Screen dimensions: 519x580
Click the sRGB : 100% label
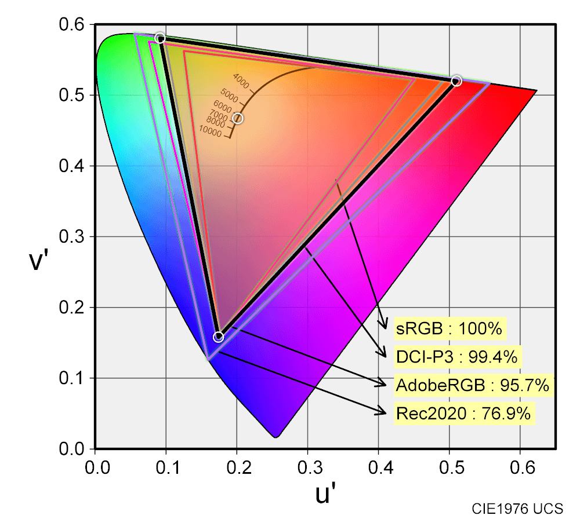449,329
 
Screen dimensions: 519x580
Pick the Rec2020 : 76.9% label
463,413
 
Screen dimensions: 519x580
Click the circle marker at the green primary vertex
161,38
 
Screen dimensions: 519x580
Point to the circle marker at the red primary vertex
456,81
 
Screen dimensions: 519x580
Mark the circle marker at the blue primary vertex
219,337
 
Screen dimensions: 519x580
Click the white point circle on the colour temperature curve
237,118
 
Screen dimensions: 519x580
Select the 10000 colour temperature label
211,133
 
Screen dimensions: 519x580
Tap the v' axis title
38,261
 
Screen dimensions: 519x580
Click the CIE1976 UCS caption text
517,509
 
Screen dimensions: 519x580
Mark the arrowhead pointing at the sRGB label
383,326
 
